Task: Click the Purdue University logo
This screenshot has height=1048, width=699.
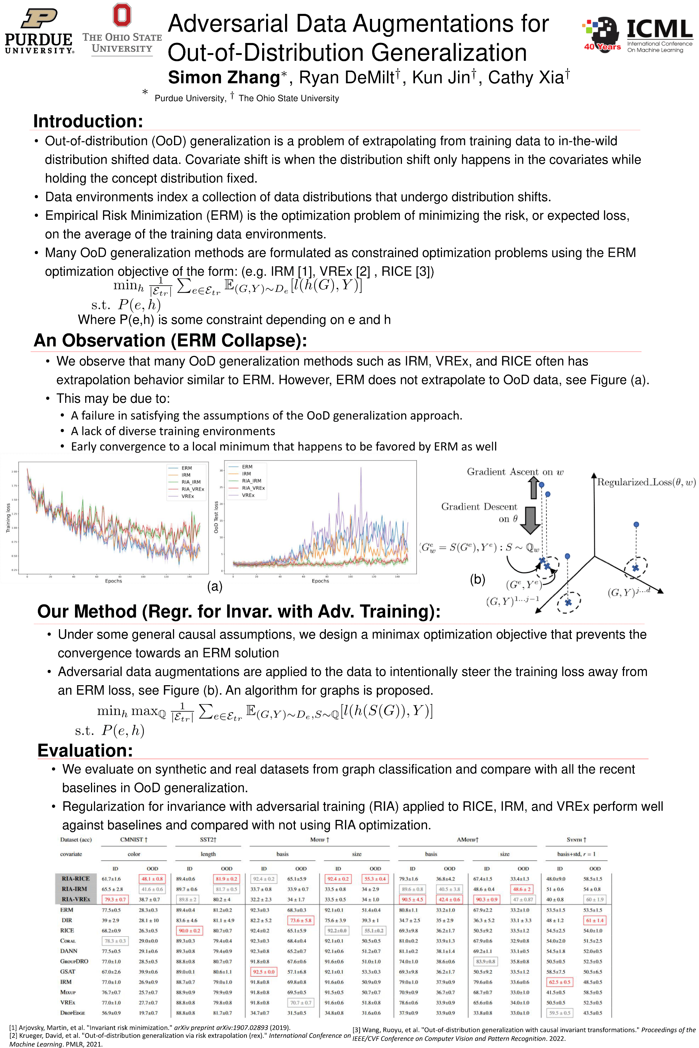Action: click(x=39, y=32)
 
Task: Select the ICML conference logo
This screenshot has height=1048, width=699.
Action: click(x=637, y=35)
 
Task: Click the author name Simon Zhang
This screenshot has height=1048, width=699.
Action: click(x=224, y=78)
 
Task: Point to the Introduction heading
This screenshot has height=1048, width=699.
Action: click(x=88, y=121)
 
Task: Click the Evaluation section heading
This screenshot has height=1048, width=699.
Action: click(x=85, y=750)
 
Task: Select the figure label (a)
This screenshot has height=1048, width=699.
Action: click(x=214, y=586)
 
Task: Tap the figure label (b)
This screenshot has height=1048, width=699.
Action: click(x=477, y=579)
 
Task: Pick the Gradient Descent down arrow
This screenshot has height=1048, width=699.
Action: click(x=530, y=520)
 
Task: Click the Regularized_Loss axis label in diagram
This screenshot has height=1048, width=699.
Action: click(x=646, y=482)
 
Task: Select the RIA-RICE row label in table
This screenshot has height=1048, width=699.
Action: click(x=76, y=879)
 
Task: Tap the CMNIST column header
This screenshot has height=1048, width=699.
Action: click(x=134, y=839)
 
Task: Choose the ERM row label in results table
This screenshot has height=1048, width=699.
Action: click(x=67, y=910)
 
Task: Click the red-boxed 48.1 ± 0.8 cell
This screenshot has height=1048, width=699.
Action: click(x=152, y=879)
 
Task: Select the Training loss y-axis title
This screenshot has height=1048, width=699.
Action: click(x=8, y=518)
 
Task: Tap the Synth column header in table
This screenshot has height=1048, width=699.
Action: click(x=576, y=839)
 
